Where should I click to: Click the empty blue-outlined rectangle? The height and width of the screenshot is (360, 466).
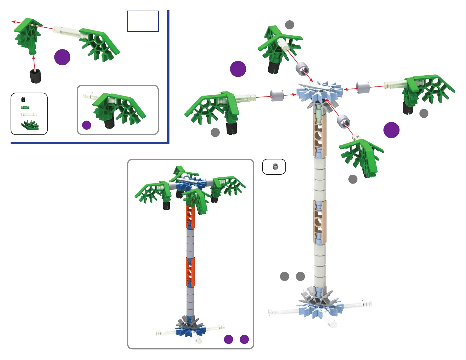tap(143, 21)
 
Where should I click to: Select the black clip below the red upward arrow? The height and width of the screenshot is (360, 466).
tap(35, 76)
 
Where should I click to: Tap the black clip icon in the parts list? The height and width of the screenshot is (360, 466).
tap(23, 99)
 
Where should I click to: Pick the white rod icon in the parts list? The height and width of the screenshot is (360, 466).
tap(29, 114)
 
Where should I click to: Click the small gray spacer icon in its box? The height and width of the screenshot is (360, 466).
tap(275, 166)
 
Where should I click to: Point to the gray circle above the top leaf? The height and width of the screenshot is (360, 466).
tap(289, 25)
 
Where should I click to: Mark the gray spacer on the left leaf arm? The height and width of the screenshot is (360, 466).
tap(277, 96)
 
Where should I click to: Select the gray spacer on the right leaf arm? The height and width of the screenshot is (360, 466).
tap(363, 87)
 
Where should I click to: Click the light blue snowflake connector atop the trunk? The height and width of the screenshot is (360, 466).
tap(319, 92)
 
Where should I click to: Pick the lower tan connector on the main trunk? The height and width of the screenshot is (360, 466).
tap(320, 222)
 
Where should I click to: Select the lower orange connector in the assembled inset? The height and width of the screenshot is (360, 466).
tap(190, 272)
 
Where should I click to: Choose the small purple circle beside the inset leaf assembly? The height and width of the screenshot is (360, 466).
tap(86, 125)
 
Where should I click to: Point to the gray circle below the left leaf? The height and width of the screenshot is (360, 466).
tap(215, 132)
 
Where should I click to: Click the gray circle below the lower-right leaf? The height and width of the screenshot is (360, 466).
tap(353, 179)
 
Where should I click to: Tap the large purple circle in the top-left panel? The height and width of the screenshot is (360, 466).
tap(62, 57)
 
